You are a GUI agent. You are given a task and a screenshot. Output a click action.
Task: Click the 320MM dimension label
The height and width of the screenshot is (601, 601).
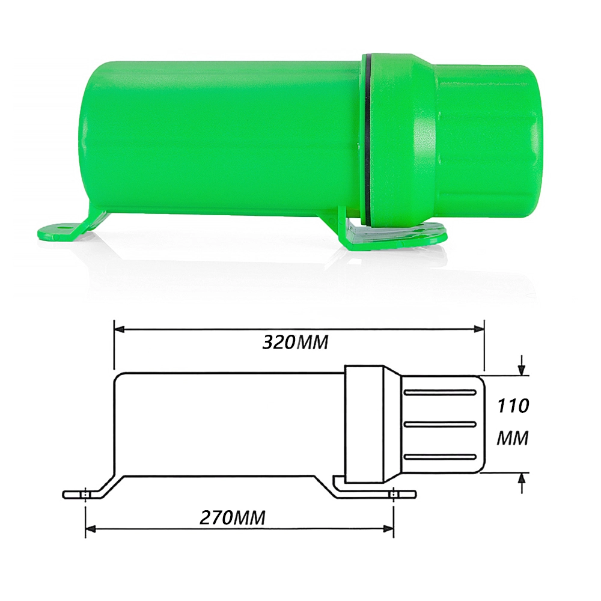click(x=296, y=342)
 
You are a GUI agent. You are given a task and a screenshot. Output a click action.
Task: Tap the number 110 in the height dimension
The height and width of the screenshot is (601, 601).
click(x=513, y=406)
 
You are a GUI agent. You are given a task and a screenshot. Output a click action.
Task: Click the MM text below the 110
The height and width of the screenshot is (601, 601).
click(x=513, y=439)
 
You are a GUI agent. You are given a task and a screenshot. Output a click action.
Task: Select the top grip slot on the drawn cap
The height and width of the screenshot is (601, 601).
click(x=440, y=392)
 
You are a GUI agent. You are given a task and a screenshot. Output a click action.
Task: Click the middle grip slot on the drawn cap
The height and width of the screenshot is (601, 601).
click(x=440, y=424)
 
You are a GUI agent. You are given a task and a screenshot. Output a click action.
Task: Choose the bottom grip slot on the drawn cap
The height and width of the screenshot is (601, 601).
click(x=440, y=457)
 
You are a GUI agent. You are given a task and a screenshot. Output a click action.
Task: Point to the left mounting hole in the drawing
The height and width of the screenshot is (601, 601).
click(x=86, y=495)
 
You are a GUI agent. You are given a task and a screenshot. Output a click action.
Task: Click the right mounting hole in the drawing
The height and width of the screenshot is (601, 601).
click(x=393, y=495)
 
